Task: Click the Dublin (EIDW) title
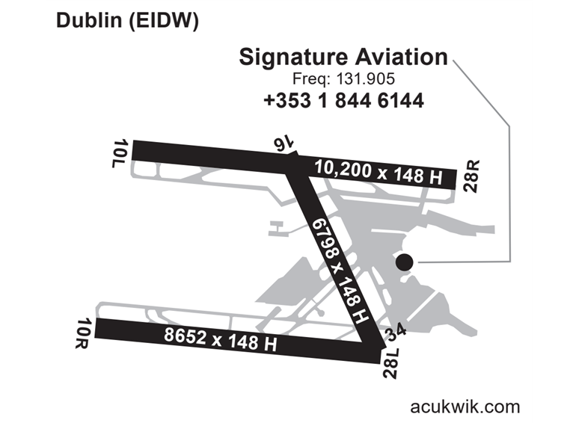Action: click(x=127, y=22)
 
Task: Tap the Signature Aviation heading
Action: click(x=343, y=58)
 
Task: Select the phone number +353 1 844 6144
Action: click(x=343, y=100)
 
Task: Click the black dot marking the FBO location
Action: click(x=404, y=262)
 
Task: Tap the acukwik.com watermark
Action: click(x=465, y=407)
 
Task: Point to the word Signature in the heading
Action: click(x=288, y=58)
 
